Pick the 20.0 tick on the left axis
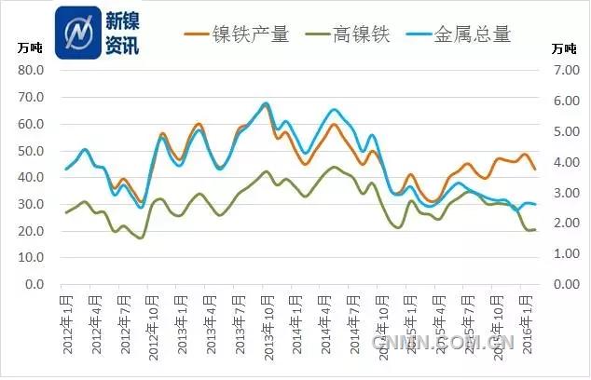(x=34, y=231)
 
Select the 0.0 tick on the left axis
(x=36, y=284)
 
